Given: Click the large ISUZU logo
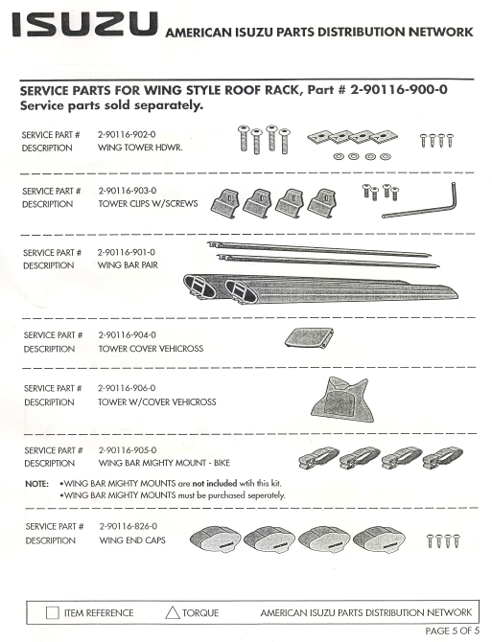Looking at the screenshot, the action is click(x=85, y=24).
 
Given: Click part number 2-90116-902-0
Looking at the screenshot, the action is click(x=127, y=134).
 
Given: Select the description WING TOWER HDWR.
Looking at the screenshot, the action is click(x=140, y=148).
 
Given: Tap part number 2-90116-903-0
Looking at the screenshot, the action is click(x=128, y=191).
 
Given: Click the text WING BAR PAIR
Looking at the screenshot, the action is click(x=128, y=264).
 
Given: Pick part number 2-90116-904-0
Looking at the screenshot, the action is click(x=127, y=335).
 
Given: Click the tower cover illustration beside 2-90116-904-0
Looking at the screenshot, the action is click(x=309, y=338).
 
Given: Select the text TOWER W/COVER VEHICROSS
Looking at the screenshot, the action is click(x=157, y=402).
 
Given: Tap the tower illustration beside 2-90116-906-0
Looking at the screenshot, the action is click(x=342, y=400).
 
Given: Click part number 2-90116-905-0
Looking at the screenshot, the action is click(x=128, y=450).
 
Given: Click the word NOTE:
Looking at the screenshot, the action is click(x=36, y=484).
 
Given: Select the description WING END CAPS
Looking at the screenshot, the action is click(x=132, y=540).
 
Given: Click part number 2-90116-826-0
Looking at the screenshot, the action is click(x=129, y=526).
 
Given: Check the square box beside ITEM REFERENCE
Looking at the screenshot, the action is click(x=53, y=613).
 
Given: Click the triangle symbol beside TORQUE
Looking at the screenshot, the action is click(x=173, y=613).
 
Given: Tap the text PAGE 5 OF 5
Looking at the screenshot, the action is click(x=453, y=631).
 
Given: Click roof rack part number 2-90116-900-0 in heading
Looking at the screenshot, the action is click(x=399, y=90).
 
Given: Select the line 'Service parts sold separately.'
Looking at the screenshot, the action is click(x=111, y=105).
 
